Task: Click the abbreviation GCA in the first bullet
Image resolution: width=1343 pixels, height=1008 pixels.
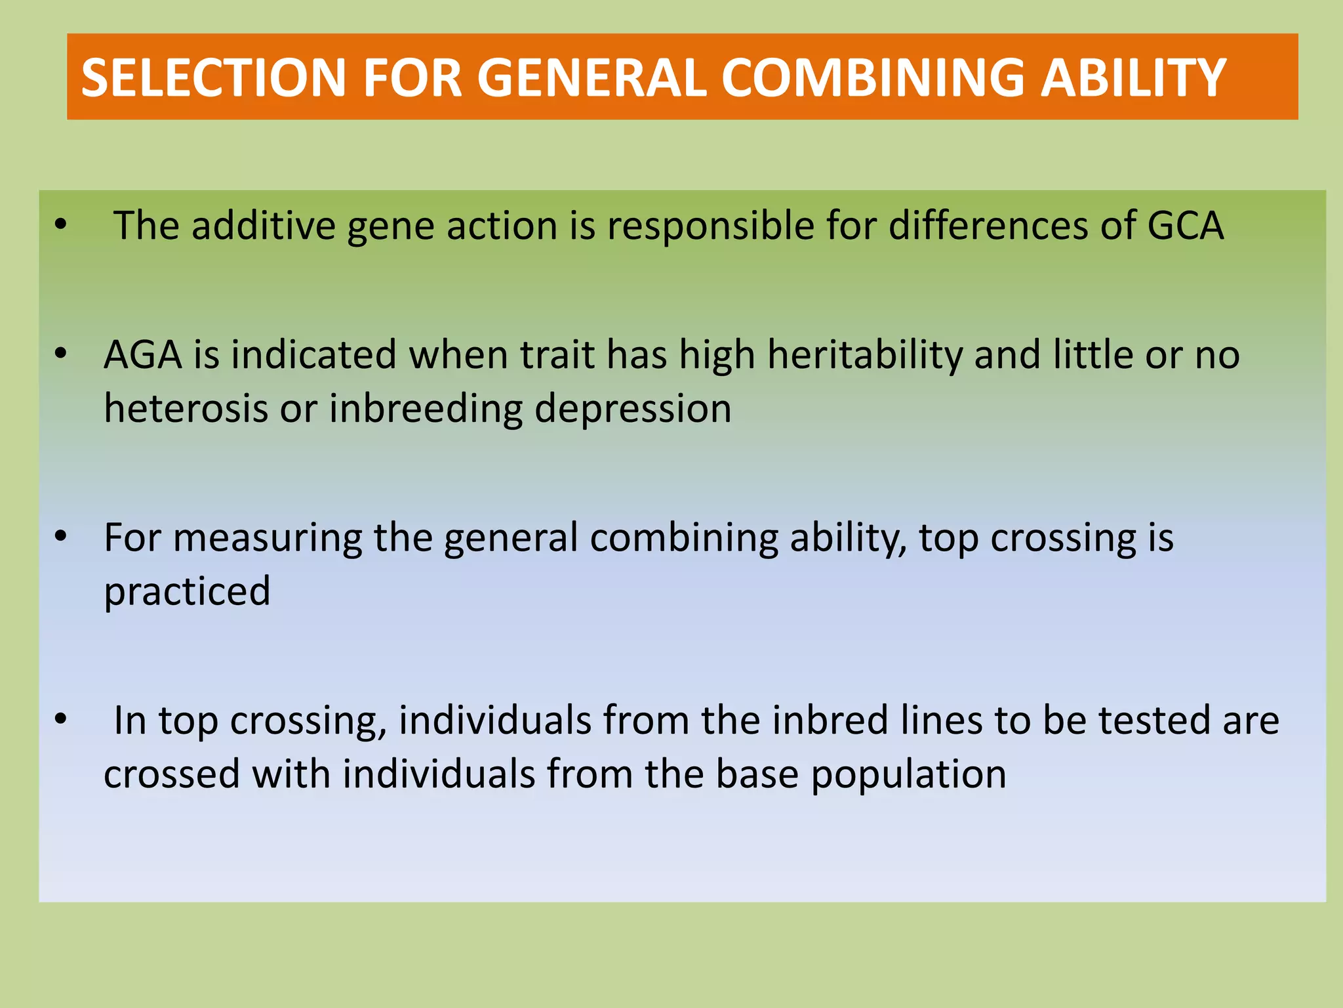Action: pos(1186,226)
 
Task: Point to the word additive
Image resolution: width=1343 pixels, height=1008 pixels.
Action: pos(263,226)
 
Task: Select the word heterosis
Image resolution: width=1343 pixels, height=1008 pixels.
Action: pos(186,408)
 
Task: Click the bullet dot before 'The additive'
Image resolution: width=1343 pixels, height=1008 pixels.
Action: pos(61,225)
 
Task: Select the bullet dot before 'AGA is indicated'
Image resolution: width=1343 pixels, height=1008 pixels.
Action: pos(61,354)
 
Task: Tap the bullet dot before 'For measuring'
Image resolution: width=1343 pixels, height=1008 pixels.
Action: pos(61,537)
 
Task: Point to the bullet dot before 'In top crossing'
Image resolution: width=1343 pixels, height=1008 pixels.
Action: pos(61,719)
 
